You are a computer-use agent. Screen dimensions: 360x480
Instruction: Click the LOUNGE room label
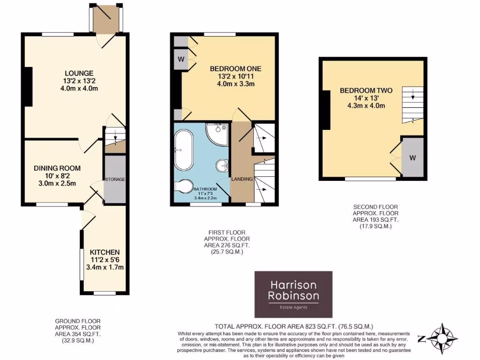[79, 73]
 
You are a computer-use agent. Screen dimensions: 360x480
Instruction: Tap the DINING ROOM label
[57, 168]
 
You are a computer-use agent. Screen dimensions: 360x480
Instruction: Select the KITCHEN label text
[105, 252]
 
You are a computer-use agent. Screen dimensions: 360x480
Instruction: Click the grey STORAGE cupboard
[115, 180]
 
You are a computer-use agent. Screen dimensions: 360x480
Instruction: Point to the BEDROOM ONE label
[235, 68]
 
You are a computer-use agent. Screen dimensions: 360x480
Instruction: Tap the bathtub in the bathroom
[182, 150]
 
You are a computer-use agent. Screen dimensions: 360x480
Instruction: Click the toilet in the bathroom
[185, 186]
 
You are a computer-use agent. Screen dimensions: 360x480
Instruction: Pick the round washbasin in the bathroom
[223, 165]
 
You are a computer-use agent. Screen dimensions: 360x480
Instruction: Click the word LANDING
[241, 179]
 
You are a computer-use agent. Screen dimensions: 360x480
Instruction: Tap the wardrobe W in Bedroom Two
[412, 157]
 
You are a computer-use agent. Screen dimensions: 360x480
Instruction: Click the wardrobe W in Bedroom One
[180, 59]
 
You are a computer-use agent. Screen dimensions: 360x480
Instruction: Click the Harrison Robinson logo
[293, 294]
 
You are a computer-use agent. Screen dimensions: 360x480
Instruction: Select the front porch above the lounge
[105, 19]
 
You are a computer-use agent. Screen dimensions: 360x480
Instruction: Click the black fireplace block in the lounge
[28, 88]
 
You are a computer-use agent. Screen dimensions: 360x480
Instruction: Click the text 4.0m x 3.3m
[235, 84]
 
